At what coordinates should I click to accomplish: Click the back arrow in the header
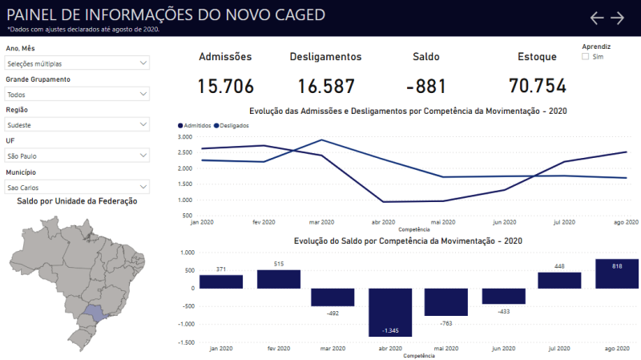pyautogui.click(x=597, y=18)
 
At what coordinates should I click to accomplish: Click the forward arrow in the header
pyautogui.click(x=618, y=18)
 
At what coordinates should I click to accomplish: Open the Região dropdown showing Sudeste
pyautogui.click(x=76, y=125)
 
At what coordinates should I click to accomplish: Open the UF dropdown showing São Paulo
pyautogui.click(x=76, y=156)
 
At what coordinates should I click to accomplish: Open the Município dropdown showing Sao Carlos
pyautogui.click(x=76, y=187)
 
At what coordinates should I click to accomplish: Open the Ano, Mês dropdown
pyautogui.click(x=76, y=63)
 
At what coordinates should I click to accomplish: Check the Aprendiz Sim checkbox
pyautogui.click(x=586, y=57)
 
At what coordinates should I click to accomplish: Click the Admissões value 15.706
pyautogui.click(x=225, y=87)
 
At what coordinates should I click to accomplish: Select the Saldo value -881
pyautogui.click(x=425, y=87)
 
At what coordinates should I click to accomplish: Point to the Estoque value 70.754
pyautogui.click(x=537, y=87)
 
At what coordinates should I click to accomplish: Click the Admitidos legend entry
pyautogui.click(x=195, y=126)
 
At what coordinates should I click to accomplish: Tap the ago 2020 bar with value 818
pyautogui.click(x=616, y=273)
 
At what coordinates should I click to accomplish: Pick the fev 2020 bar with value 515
pyautogui.click(x=279, y=279)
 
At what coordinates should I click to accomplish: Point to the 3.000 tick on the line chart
pyautogui.click(x=185, y=137)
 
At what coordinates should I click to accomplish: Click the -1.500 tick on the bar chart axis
pyautogui.click(x=184, y=342)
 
